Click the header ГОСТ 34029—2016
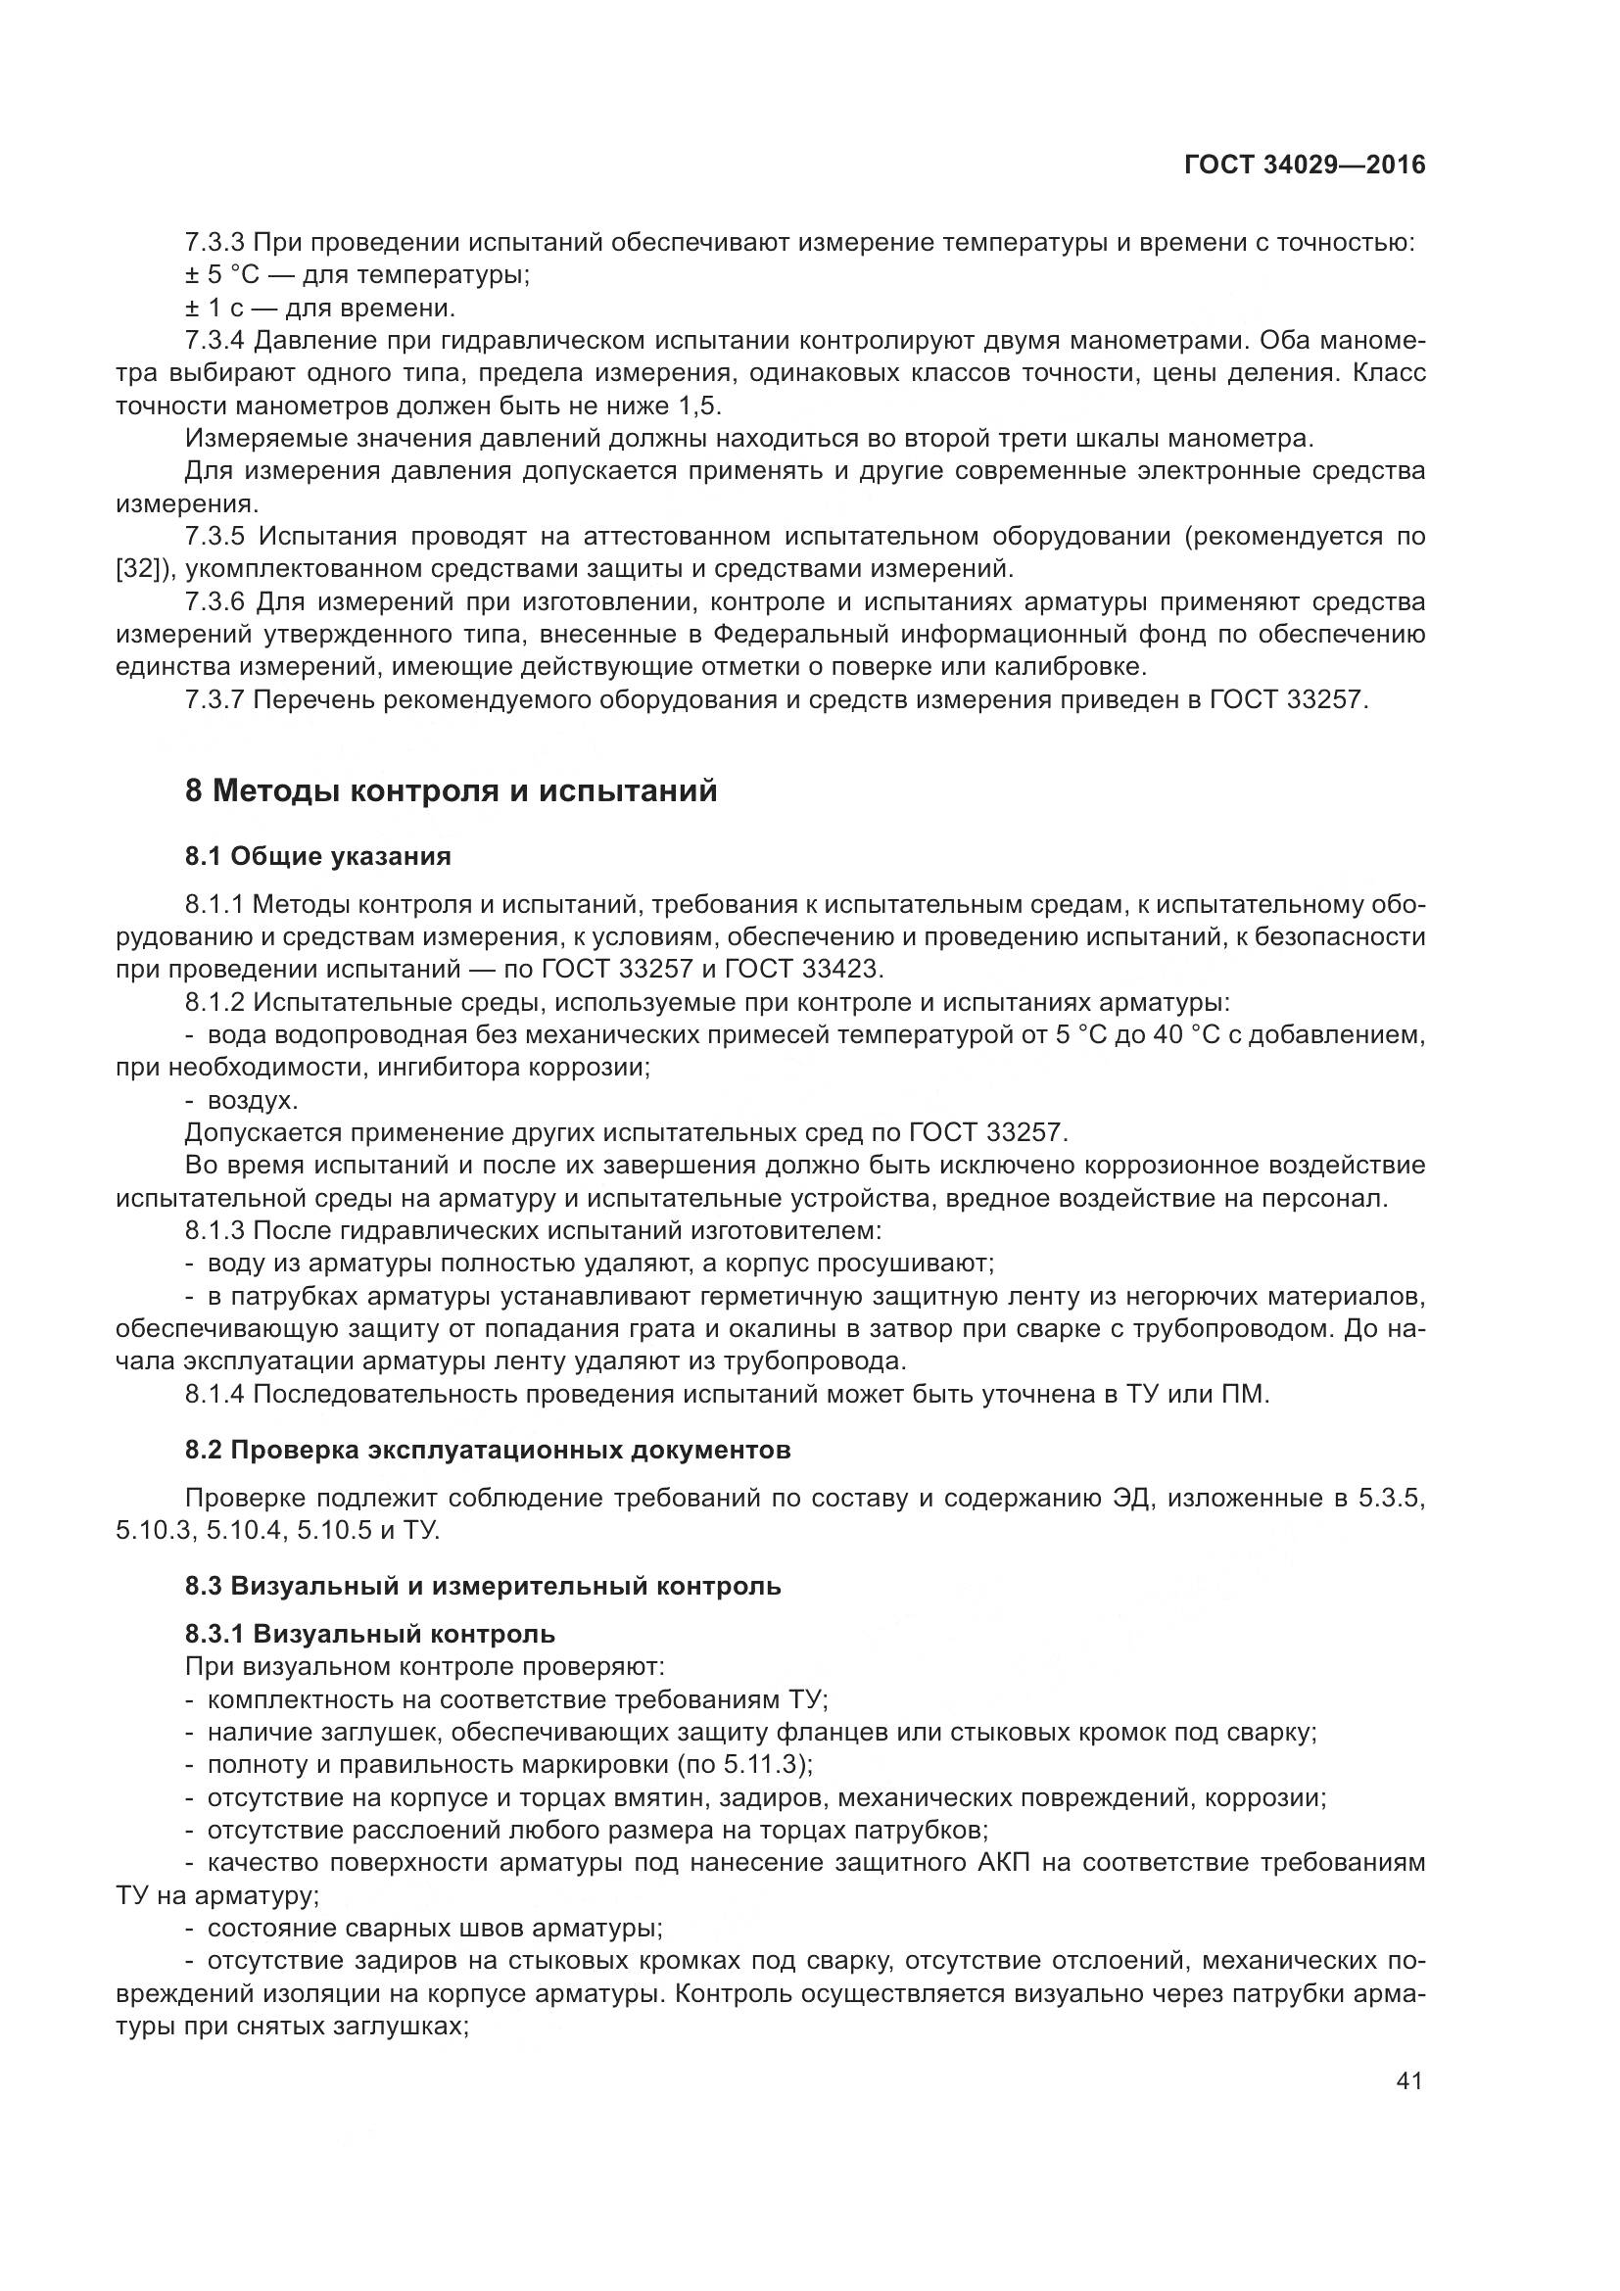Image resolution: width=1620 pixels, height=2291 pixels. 1305,165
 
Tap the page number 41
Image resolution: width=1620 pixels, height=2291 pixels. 1408,2081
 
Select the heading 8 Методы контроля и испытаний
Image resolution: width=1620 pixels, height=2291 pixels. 451,791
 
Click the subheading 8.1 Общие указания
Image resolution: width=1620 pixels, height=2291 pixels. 318,856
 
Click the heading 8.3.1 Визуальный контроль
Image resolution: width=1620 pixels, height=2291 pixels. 370,1635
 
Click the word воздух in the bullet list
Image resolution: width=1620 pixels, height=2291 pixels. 251,1101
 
